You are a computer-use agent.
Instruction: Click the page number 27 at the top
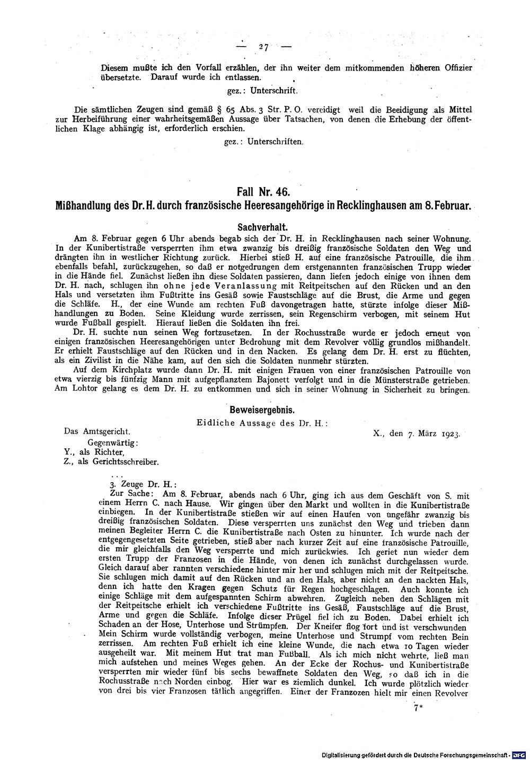263,47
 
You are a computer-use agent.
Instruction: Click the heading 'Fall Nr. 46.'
263,191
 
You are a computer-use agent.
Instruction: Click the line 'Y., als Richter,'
93,452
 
